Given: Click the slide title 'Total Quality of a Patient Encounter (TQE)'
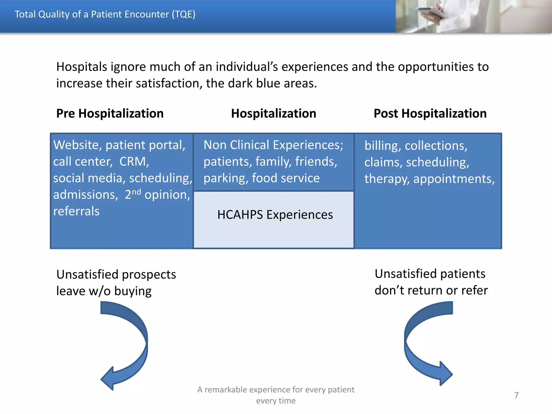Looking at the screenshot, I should [x=105, y=14].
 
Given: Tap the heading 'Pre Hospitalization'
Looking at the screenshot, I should [x=110, y=113].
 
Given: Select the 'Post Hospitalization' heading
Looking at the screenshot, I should [x=430, y=113].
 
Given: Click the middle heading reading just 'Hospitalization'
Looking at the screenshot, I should [x=274, y=113].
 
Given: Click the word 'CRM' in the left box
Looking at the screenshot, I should [x=133, y=162].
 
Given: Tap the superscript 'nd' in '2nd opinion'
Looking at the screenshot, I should [x=136, y=192].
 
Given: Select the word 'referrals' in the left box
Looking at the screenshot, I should [x=76, y=211].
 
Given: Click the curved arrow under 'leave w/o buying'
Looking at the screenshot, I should [x=127, y=345].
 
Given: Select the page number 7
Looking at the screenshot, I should [x=516, y=395].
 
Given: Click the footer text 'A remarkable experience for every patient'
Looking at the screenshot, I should [x=275, y=389].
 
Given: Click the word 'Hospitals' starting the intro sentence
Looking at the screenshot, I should [x=82, y=67].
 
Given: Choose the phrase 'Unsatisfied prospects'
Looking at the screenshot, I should [x=116, y=274].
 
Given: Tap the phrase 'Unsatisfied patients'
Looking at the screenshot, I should [x=430, y=274].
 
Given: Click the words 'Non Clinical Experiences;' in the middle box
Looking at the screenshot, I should [x=273, y=145].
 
